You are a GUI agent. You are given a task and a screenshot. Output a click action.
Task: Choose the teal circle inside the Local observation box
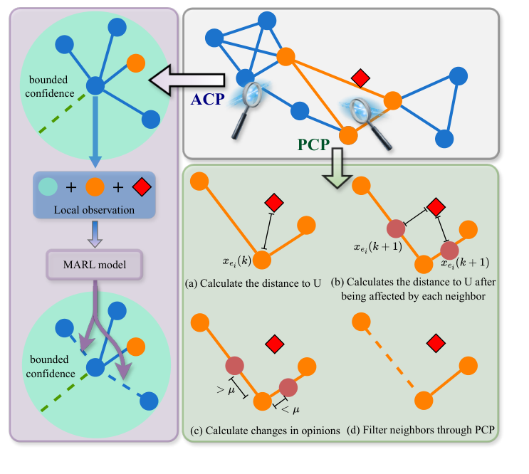click(47, 188)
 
